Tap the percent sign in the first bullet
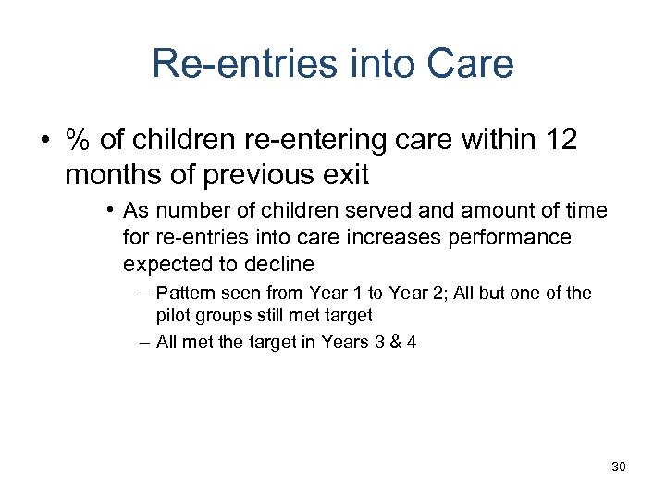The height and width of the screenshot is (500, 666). [77, 141]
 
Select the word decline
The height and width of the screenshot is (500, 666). [279, 264]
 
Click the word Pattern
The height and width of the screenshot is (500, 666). [185, 294]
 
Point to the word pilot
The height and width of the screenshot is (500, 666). [171, 316]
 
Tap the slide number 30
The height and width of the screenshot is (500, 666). [618, 467]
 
